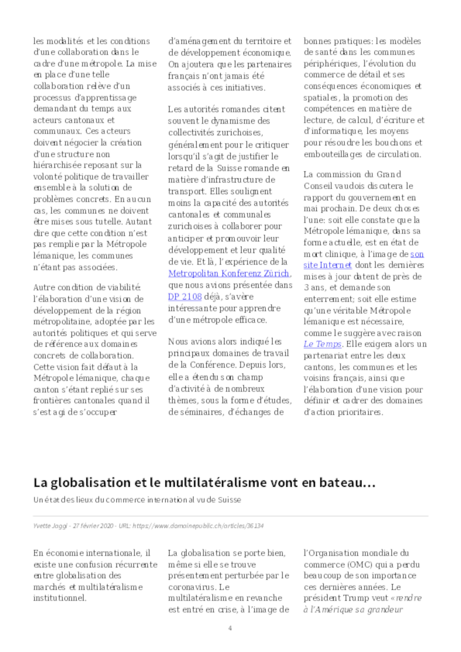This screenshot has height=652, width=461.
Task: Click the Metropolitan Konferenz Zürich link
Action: click(x=228, y=273)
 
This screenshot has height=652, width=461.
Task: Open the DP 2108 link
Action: click(x=185, y=297)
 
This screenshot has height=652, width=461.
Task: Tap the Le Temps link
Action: click(x=322, y=344)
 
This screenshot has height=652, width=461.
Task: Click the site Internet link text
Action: click(x=328, y=265)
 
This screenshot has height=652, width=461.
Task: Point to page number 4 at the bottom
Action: click(x=230, y=628)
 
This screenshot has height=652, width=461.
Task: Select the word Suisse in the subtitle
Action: click(x=230, y=500)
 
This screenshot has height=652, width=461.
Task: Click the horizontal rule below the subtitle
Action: click(x=230, y=516)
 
